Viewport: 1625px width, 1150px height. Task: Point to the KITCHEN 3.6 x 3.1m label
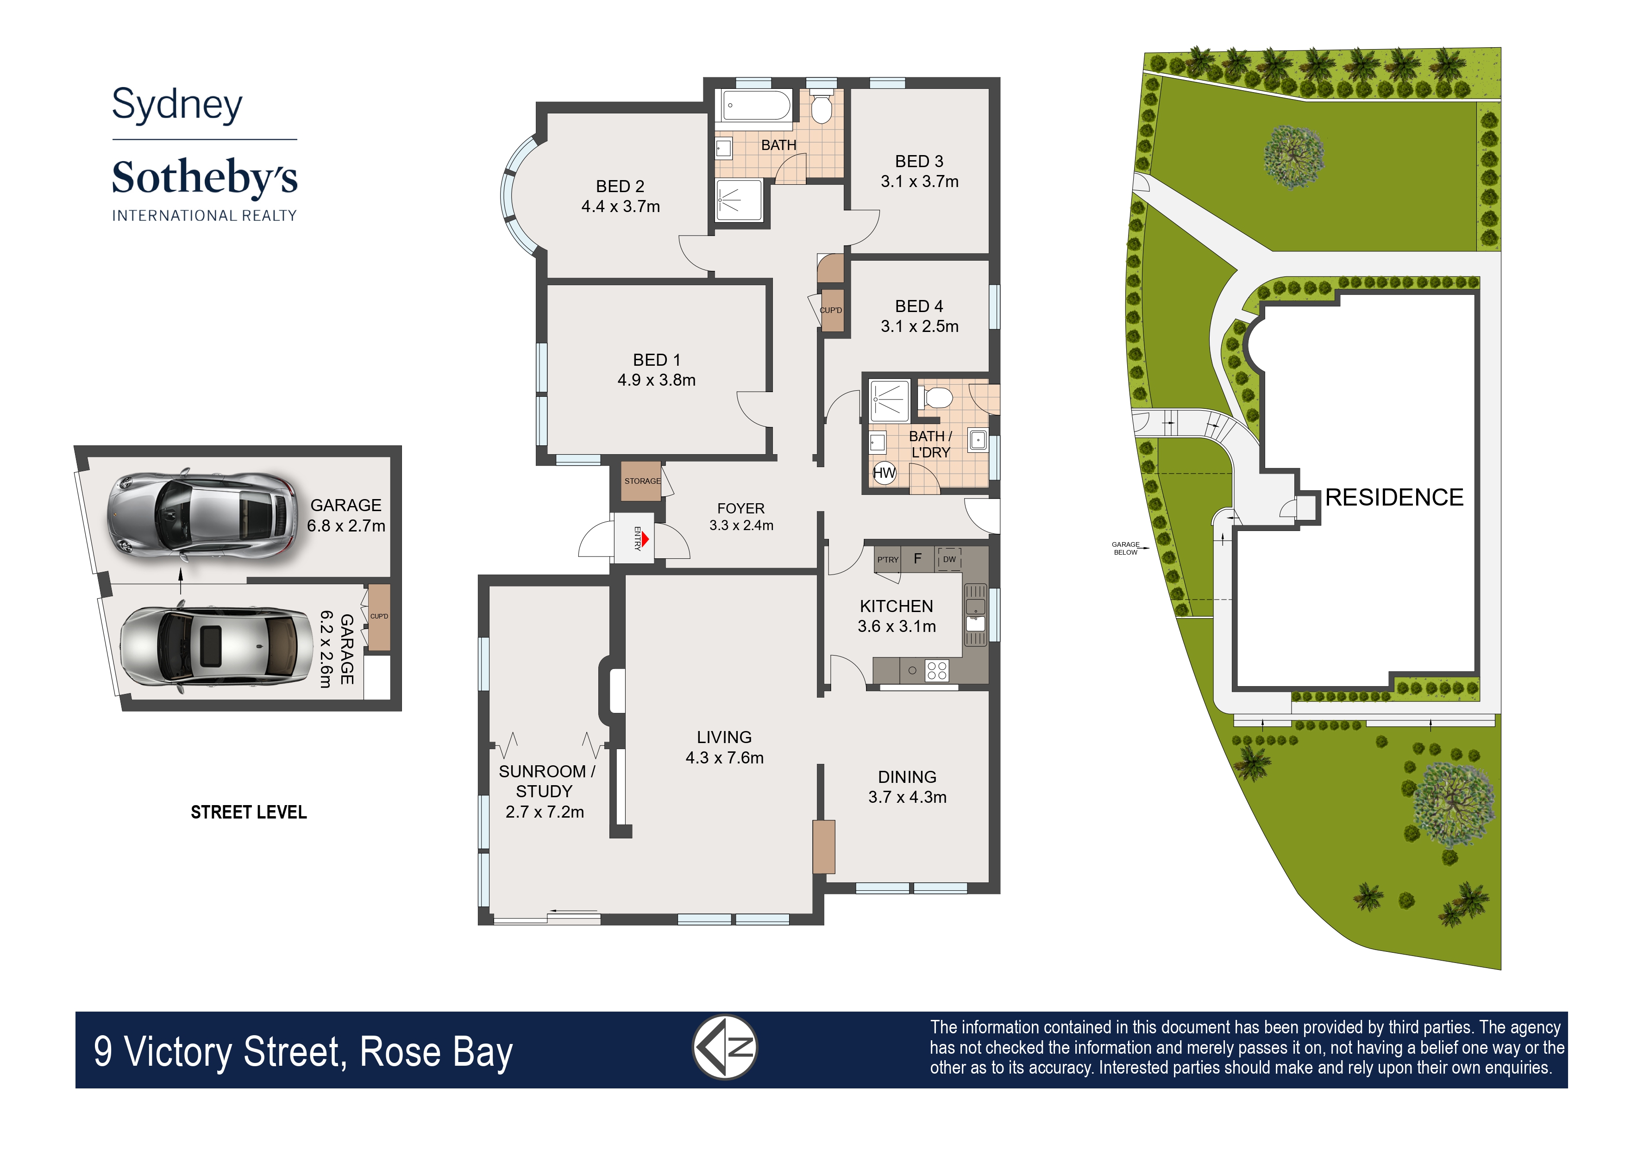click(897, 616)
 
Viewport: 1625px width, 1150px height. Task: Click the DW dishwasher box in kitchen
click(949, 559)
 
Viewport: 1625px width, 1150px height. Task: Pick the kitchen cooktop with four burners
click(936, 670)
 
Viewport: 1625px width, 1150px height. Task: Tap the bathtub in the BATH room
click(756, 106)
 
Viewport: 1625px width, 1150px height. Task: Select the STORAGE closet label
click(642, 481)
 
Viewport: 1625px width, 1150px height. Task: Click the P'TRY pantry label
click(888, 559)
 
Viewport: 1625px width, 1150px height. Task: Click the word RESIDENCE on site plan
click(1394, 497)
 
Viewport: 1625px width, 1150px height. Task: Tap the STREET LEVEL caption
click(249, 812)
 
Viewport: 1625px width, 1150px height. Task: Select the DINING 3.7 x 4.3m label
click(907, 787)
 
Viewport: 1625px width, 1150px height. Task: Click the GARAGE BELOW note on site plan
click(1126, 548)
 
